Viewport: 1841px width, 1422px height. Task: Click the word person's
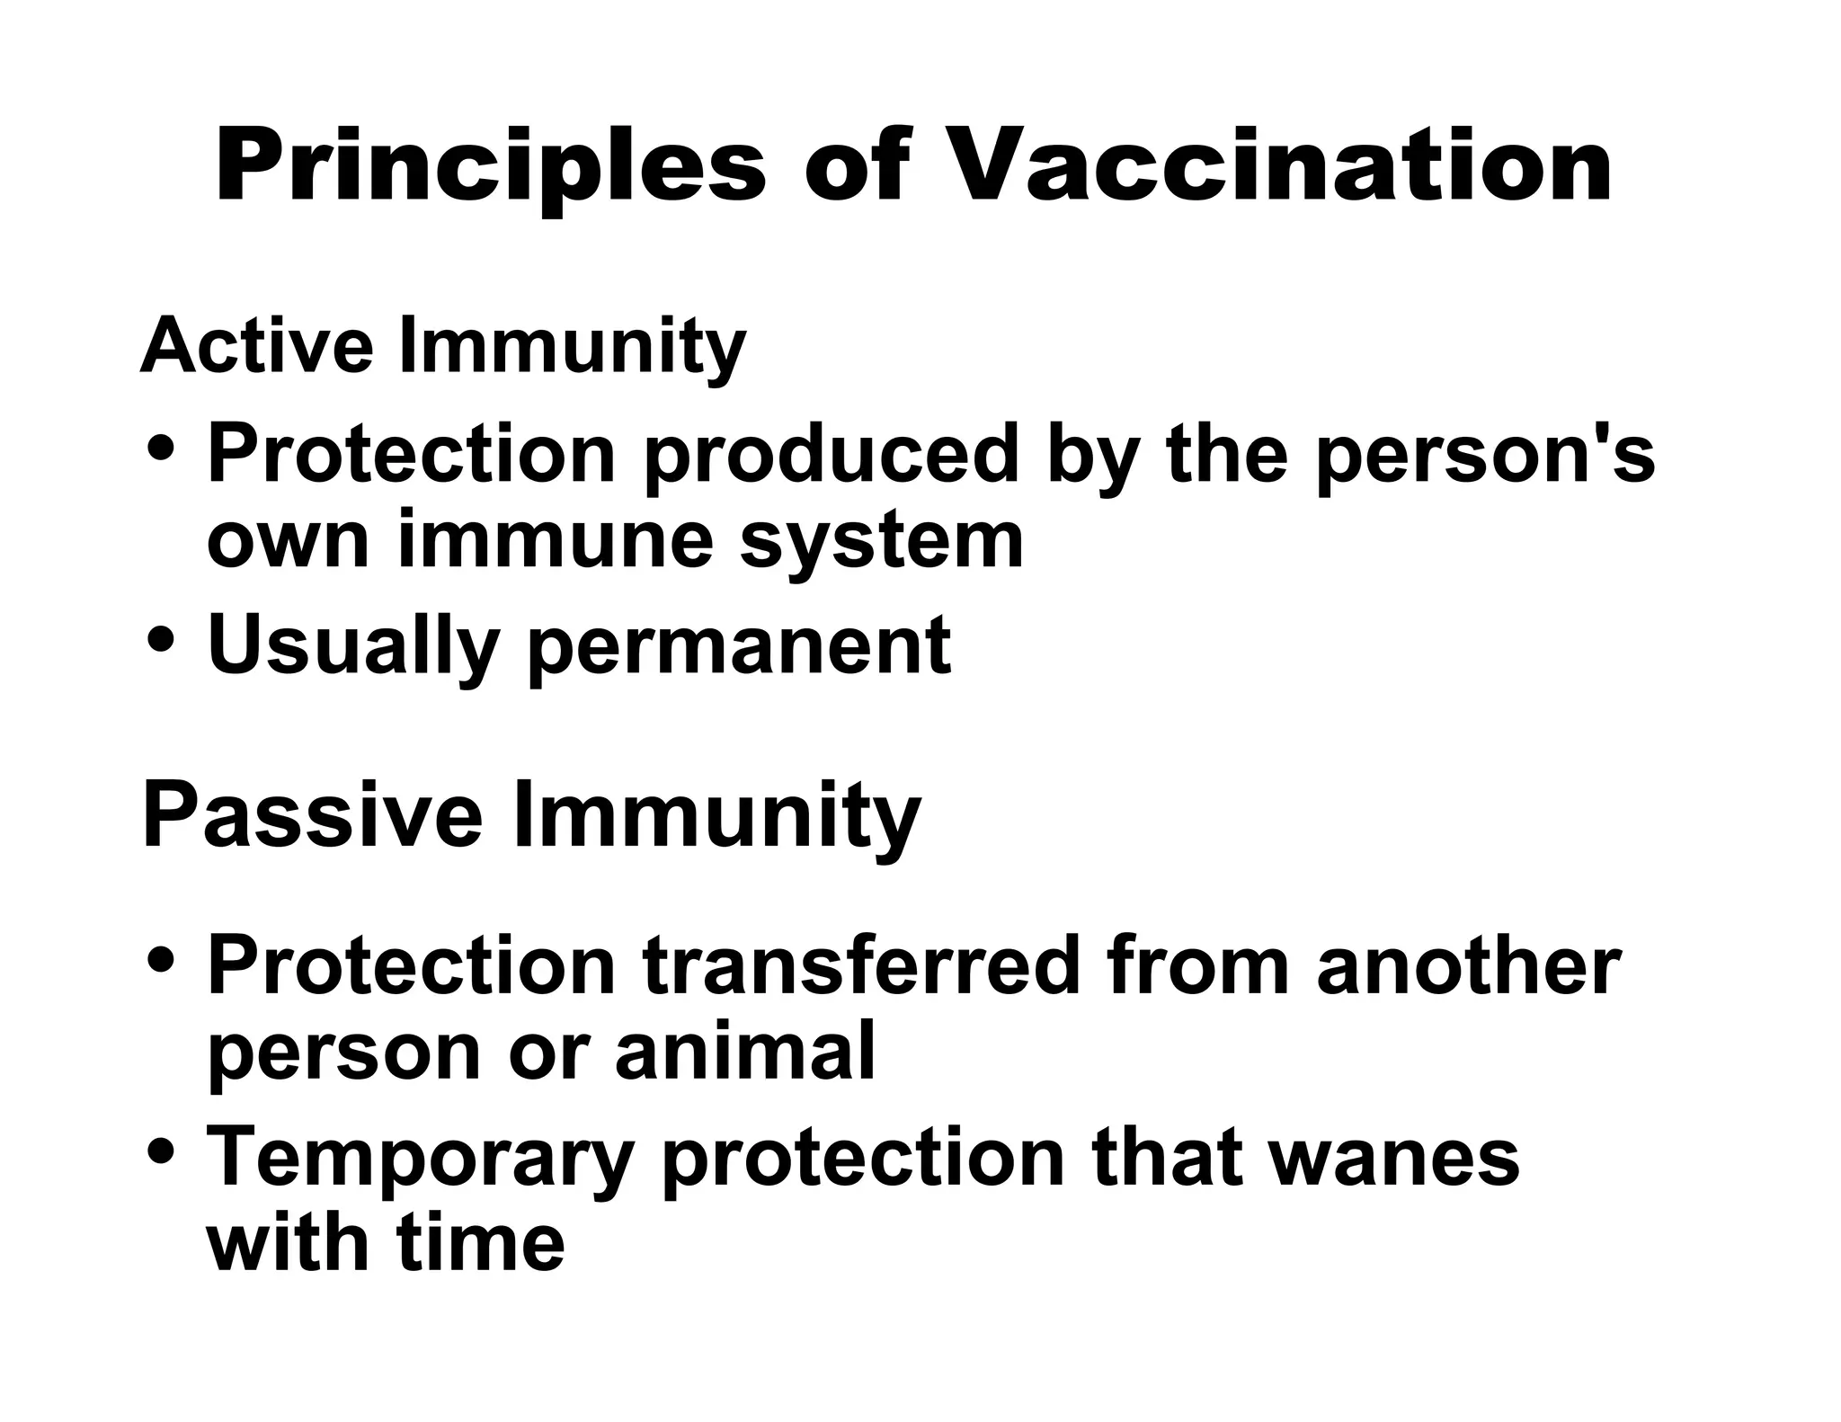(x=1484, y=456)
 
